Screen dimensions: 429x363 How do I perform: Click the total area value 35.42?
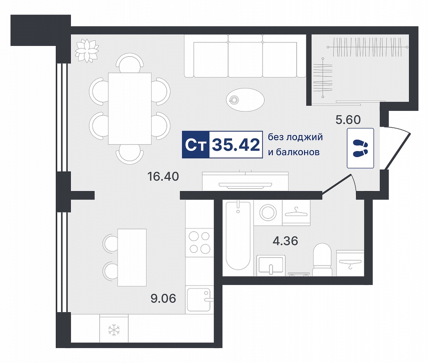point(236,145)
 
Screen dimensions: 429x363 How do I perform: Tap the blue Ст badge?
point(196,145)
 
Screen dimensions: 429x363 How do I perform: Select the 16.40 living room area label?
point(163,177)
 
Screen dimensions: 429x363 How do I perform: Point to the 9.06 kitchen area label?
point(163,299)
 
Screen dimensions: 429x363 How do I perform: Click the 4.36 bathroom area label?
point(286,241)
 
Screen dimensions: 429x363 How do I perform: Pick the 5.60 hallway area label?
point(348,120)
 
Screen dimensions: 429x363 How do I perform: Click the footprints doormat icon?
point(360,148)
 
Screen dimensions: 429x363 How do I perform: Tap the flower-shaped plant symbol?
point(87,50)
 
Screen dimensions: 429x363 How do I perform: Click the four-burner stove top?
point(199,242)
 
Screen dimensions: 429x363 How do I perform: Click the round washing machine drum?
point(267,212)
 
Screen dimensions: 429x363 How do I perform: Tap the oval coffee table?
point(246,99)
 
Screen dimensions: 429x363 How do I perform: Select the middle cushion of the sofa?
point(246,59)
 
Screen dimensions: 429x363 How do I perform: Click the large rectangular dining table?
point(130,108)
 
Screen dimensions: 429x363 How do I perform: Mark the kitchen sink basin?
point(198,300)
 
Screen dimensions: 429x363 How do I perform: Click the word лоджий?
point(304,137)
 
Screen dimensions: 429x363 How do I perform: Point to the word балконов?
point(297,152)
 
